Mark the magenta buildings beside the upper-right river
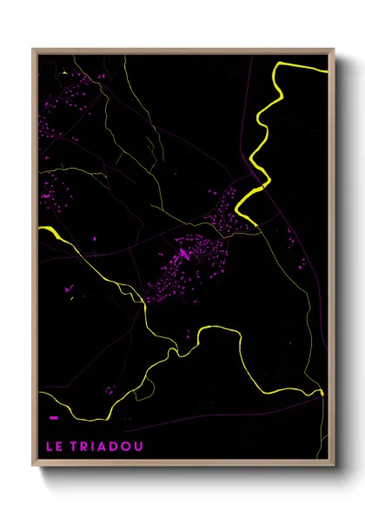click(x=230, y=209)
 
